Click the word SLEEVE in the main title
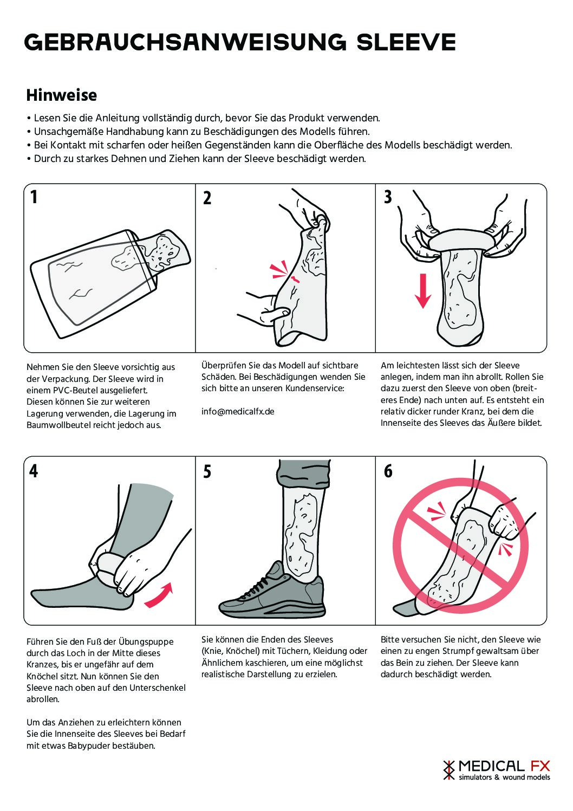point(406,42)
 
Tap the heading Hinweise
point(62,95)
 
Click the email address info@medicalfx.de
point(238,412)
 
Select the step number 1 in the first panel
point(34,197)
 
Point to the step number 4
point(34,471)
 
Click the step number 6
point(388,471)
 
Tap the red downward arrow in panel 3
point(422,291)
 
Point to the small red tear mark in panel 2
point(295,278)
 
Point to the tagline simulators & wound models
point(505,777)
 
